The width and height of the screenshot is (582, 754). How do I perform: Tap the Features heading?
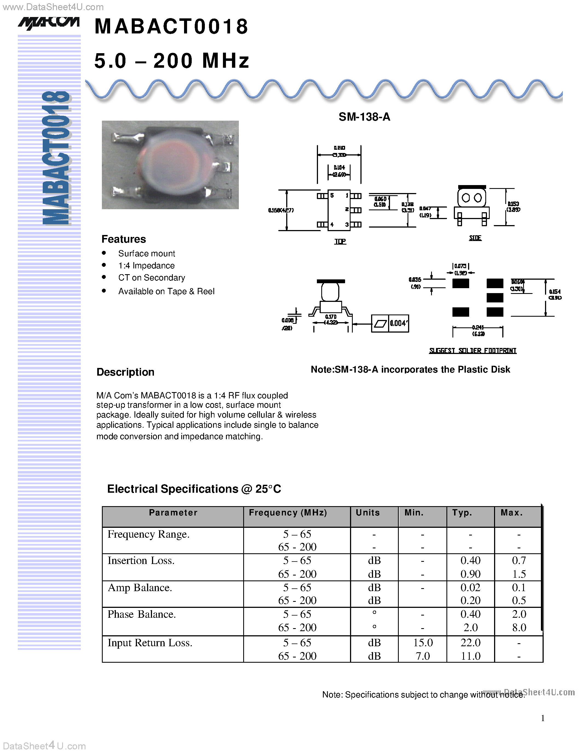point(124,239)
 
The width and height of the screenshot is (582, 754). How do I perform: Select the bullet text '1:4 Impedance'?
point(146,265)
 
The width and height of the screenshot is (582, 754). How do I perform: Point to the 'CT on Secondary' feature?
point(151,277)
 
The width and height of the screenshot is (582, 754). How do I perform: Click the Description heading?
point(125,372)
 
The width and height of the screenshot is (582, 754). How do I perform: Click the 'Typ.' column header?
point(462,513)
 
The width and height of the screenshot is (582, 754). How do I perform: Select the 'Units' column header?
point(368,513)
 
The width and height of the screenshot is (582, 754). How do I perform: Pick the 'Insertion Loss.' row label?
point(141,560)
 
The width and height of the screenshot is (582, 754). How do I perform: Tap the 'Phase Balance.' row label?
point(142,614)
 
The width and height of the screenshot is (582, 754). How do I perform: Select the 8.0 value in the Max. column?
point(519,627)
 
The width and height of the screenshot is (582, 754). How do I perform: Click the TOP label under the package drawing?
point(340,241)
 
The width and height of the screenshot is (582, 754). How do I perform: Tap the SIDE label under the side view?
point(475,238)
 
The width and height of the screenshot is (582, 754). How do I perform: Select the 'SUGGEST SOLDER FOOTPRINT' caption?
point(473,351)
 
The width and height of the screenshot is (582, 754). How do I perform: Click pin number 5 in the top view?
point(332,195)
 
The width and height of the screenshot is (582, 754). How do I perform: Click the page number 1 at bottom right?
point(543,718)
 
